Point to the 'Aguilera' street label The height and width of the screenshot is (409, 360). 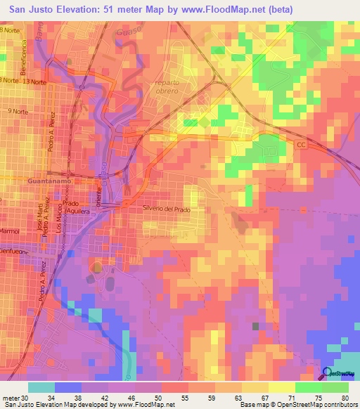77,211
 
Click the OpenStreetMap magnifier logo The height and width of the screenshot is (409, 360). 327,374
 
